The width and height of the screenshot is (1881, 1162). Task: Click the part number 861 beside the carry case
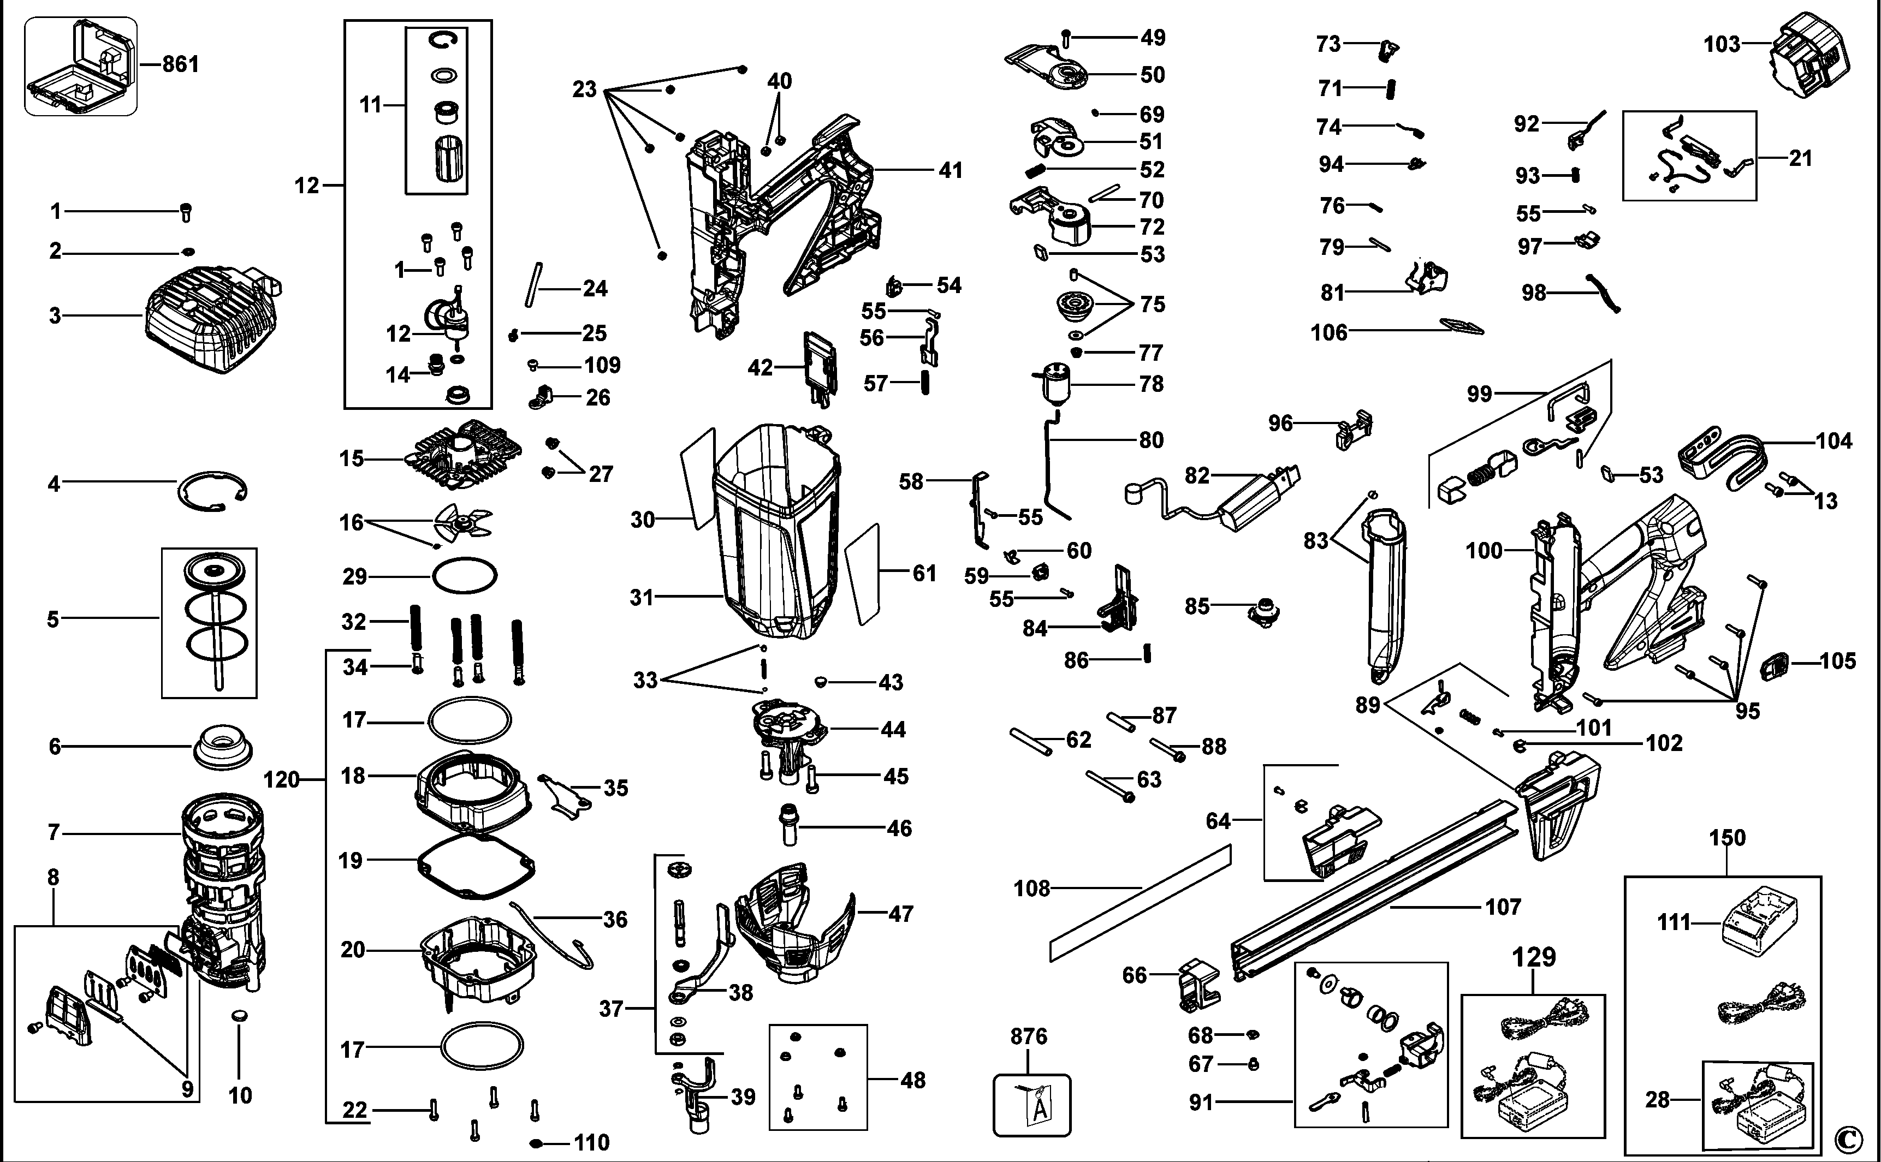click(181, 64)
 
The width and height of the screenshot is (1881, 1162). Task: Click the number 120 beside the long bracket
click(281, 780)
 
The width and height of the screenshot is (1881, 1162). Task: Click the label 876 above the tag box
click(1029, 1036)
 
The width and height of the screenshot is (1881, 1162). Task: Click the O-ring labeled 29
click(464, 576)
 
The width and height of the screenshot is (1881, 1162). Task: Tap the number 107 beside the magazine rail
click(1503, 907)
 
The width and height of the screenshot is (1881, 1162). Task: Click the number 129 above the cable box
click(1534, 957)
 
